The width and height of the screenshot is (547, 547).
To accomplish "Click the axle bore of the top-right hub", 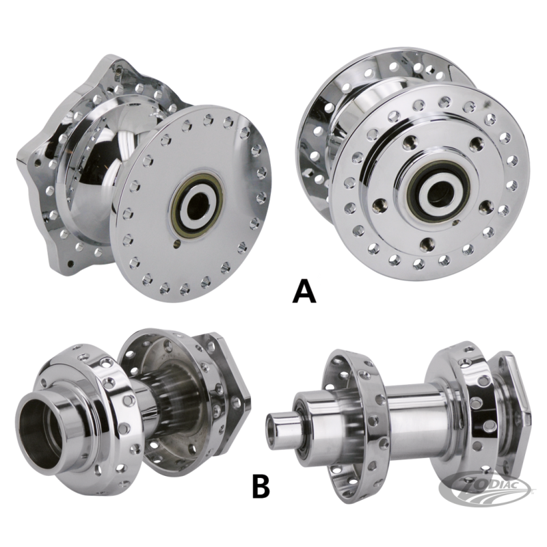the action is coord(439,189).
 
